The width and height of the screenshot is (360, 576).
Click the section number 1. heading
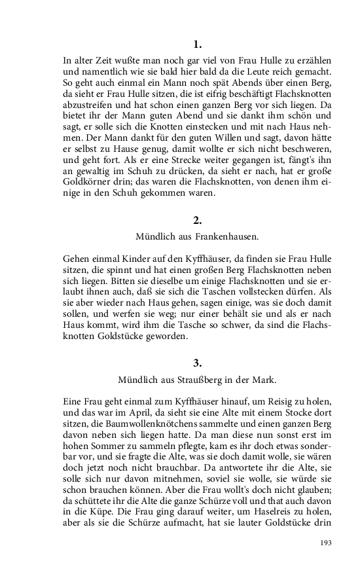198,45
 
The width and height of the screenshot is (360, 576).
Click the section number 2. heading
198,220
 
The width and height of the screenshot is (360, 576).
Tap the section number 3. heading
198,363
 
